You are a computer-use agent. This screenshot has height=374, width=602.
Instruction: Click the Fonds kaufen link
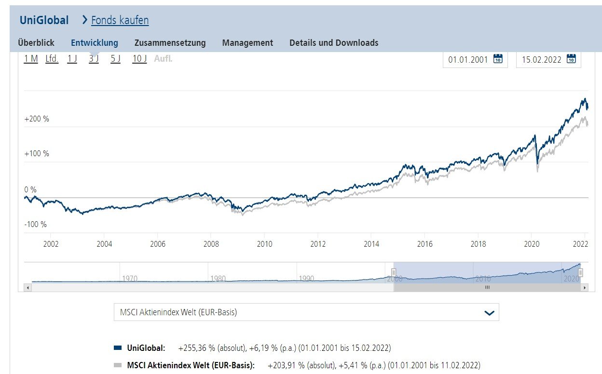(x=120, y=20)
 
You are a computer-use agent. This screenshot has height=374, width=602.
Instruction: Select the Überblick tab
(x=36, y=43)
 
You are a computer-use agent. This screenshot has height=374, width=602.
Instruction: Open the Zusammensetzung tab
(x=170, y=43)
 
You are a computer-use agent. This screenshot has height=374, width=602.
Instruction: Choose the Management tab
(x=247, y=43)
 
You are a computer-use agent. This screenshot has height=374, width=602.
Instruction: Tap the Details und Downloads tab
(x=334, y=43)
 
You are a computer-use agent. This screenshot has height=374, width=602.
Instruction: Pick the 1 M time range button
(x=31, y=59)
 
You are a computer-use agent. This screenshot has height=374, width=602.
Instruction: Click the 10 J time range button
(x=139, y=59)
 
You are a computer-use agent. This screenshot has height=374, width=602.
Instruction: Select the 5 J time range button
(x=115, y=59)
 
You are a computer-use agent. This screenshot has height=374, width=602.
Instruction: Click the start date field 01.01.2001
(x=468, y=60)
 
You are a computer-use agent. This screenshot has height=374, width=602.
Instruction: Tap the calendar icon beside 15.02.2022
(x=571, y=59)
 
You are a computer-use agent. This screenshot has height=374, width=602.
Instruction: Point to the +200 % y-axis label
(x=37, y=119)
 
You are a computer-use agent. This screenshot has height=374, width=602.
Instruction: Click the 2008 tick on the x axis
(x=211, y=244)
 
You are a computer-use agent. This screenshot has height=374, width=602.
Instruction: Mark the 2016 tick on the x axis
(x=424, y=244)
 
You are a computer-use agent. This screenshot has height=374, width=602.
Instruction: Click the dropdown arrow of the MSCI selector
(x=489, y=313)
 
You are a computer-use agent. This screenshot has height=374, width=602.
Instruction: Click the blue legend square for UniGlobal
(x=118, y=347)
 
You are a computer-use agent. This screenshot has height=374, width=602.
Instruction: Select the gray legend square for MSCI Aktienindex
(x=118, y=365)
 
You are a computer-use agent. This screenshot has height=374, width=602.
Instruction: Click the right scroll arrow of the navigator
(x=585, y=288)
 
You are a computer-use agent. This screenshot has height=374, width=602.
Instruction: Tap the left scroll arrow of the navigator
(x=27, y=288)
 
